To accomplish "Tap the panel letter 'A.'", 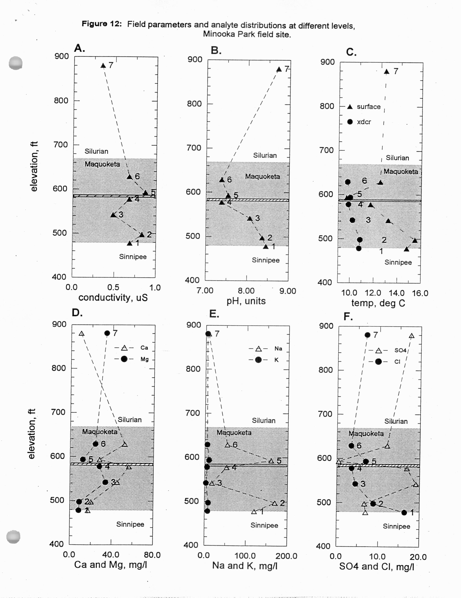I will click(79, 48).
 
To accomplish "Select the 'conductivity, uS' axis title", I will click(113, 297).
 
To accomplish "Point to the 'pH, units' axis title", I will click(246, 301).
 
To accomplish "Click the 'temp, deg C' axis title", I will click(378, 303).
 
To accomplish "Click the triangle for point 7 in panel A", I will click(103, 66).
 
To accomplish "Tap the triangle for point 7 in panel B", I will click(279, 69).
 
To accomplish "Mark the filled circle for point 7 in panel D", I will click(107, 333).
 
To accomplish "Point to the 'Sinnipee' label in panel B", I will click(266, 260).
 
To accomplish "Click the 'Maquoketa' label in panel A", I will click(102, 164).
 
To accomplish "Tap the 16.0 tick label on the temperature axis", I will click(420, 293).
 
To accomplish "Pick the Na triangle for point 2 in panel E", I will click(275, 503).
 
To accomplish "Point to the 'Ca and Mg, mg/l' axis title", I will click(111, 565).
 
